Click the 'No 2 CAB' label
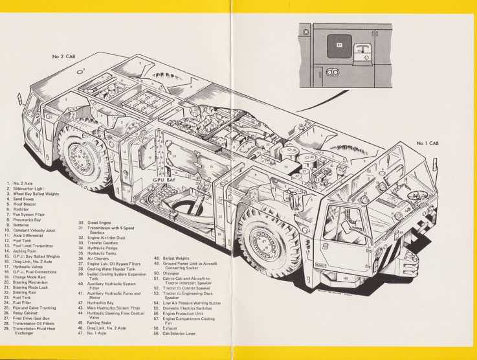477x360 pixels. [x=63, y=57]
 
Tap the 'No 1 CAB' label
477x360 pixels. [x=430, y=143]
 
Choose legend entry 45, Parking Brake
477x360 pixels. [x=100, y=322]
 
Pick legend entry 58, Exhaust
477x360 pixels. [x=171, y=328]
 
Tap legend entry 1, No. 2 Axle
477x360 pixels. [x=25, y=184]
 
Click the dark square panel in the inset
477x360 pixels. [x=340, y=47]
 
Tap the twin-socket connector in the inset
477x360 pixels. [x=335, y=71]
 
